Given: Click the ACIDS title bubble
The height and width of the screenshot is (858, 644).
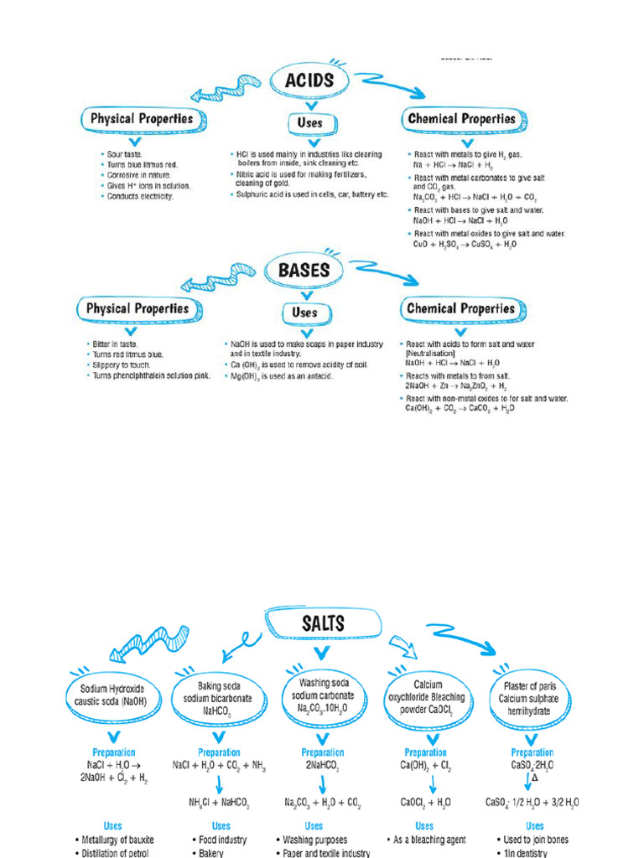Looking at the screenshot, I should (x=309, y=80).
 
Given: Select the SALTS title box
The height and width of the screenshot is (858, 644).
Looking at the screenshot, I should (x=323, y=623).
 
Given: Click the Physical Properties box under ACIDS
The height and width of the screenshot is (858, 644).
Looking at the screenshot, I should (x=141, y=118).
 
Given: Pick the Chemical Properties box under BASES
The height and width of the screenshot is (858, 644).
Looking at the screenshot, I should (x=460, y=308).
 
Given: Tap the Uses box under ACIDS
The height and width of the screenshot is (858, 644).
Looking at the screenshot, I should (x=309, y=122).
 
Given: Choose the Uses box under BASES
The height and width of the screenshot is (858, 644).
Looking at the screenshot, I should (x=304, y=313).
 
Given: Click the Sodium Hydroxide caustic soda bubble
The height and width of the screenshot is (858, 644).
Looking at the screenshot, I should (x=107, y=695).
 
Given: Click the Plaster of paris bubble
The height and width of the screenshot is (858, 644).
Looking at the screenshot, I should (x=531, y=697).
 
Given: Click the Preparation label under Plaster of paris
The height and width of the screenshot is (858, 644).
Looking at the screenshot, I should (x=532, y=752).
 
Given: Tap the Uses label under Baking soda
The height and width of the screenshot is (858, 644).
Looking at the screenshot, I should (x=221, y=826).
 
